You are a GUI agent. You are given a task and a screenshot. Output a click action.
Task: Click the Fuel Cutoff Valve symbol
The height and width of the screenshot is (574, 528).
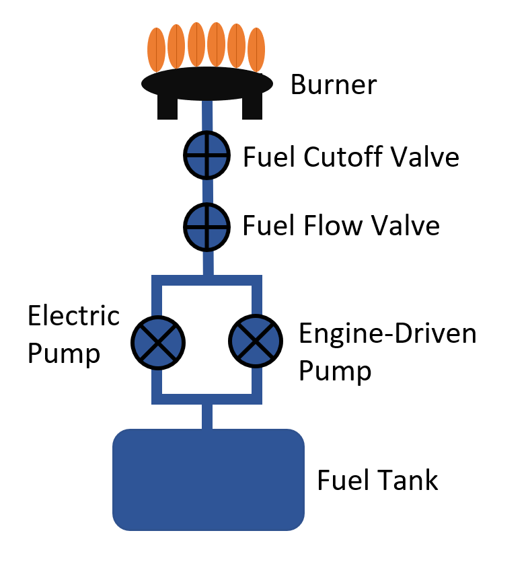pos(208,156)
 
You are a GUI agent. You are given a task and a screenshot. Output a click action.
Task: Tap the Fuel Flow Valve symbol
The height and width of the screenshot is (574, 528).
pos(208,225)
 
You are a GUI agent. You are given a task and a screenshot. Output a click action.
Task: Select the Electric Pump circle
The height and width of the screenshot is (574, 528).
pos(157,342)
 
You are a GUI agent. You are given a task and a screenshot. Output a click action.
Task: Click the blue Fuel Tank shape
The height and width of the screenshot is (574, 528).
pos(208,479)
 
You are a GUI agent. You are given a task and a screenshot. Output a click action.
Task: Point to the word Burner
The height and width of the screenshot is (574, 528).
pos(334,85)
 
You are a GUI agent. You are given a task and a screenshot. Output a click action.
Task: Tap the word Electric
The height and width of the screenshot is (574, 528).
pos(73,316)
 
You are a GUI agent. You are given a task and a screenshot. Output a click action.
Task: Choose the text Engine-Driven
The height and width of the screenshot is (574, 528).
pos(387,333)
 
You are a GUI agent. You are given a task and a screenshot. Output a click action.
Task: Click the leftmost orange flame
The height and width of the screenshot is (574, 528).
pos(156,50)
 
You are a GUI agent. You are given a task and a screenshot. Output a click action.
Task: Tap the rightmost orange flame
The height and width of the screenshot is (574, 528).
pos(256,50)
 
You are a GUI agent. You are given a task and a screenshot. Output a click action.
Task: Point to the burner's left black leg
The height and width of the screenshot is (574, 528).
pos(167,107)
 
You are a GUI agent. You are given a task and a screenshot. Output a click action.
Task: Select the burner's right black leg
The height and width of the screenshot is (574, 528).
pos(252,107)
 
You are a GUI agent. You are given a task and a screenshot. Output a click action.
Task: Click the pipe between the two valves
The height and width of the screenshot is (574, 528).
pos(208,191)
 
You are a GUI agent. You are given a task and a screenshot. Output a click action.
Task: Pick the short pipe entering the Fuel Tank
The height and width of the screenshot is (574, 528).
pos(207,417)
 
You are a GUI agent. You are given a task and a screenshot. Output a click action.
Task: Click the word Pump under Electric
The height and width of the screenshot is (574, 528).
pos(64,353)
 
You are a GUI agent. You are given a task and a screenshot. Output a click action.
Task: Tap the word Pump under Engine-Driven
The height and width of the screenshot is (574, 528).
pos(335,370)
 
